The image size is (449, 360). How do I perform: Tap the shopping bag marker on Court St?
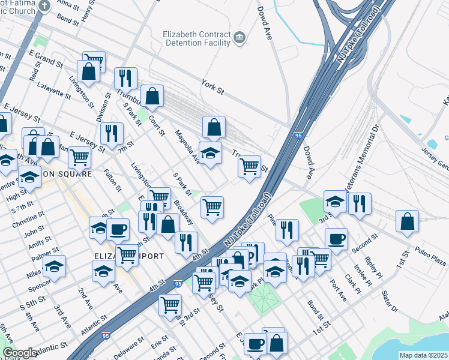153,96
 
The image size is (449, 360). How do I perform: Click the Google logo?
19,353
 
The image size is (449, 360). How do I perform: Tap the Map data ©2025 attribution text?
424,355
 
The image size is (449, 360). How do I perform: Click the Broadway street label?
183,213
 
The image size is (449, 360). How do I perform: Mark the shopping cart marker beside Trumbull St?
249,166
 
